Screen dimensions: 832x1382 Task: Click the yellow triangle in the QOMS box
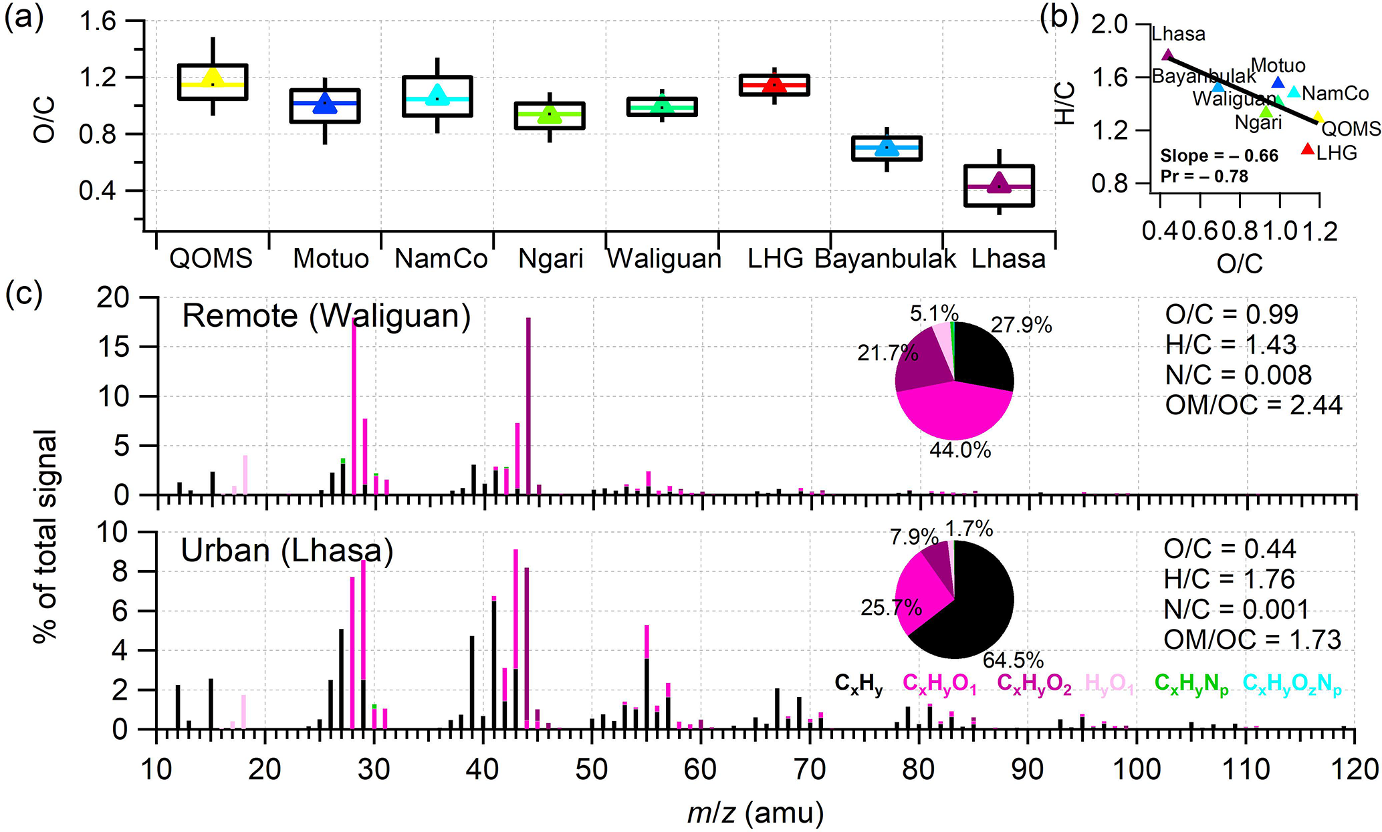pos(213,78)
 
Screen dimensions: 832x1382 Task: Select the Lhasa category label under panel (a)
pos(1008,259)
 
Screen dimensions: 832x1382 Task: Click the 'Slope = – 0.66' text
pos(1219,156)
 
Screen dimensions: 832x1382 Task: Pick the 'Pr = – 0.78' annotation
pos(1204,176)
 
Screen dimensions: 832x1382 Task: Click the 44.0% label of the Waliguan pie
pos(960,450)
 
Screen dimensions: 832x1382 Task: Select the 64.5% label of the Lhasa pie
pos(1013,660)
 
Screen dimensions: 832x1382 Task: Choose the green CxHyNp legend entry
pos(1191,684)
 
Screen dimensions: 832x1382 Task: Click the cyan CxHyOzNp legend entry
pos(1292,684)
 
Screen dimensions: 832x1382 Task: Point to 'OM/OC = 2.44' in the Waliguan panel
pos(1254,405)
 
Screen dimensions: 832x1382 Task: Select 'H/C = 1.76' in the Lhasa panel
pos(1229,579)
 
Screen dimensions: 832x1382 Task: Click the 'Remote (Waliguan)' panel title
pos(326,316)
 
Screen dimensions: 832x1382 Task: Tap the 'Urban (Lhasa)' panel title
pos(287,551)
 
